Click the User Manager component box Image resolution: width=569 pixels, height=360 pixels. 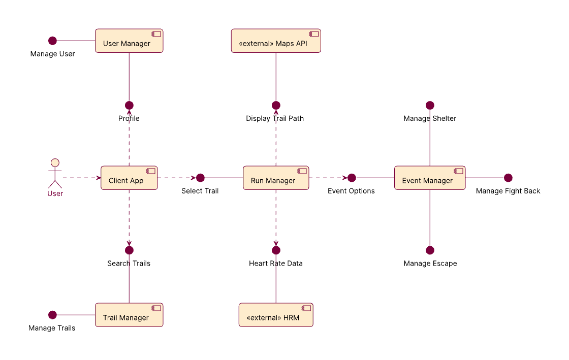coord(129,41)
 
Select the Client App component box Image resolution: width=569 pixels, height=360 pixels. coord(129,178)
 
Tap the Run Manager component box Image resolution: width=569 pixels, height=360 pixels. coord(276,178)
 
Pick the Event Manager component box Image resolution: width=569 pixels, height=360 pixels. coord(430,178)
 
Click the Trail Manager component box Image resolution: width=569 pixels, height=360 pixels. coord(129,315)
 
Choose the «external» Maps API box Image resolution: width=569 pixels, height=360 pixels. coord(276,41)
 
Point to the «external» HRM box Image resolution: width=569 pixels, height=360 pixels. coord(276,315)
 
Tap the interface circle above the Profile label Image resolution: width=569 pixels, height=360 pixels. coord(129,105)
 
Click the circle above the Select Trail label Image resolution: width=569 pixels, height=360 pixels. coord(200,178)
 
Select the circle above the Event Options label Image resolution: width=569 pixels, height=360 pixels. coord(352,178)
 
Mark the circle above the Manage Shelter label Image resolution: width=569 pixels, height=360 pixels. coord(430,105)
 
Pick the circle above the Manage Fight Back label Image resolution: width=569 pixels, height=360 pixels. coord(508,178)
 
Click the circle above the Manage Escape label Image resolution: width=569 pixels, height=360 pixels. coord(430,250)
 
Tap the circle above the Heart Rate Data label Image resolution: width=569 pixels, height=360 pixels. coord(276,250)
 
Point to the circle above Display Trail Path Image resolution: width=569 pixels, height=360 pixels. coord(276,105)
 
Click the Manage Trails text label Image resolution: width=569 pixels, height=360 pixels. coord(52,328)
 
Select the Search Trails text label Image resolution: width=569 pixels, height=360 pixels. coord(129,264)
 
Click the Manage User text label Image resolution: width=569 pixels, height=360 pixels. coord(52,54)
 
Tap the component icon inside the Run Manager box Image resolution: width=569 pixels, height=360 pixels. coord(302,171)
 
